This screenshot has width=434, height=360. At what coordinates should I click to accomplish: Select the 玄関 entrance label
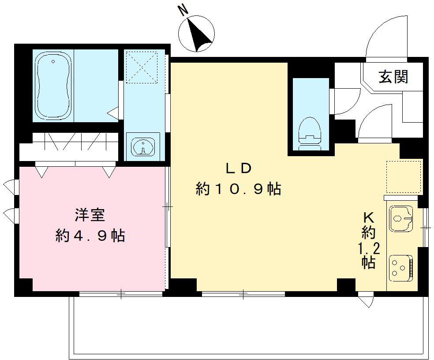click(393, 77)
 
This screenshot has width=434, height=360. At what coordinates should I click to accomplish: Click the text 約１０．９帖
click(239, 189)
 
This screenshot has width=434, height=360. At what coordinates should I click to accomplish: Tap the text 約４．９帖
click(90, 236)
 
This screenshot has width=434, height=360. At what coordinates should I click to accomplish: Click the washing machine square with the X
click(142, 67)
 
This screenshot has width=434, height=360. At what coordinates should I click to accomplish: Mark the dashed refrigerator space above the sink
click(404, 177)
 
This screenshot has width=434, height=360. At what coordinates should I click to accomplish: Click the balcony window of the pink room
click(121, 293)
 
